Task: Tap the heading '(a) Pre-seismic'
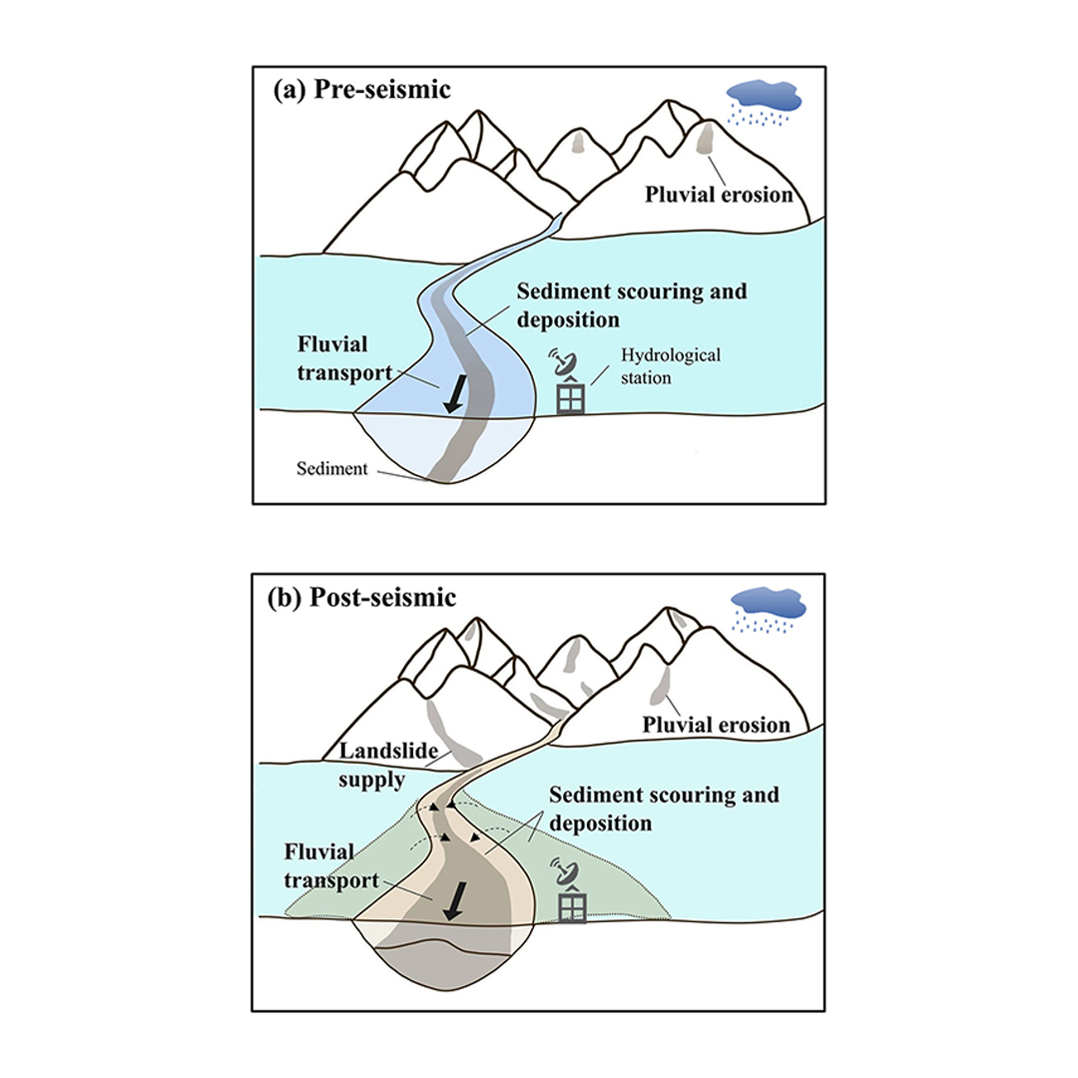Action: tap(361, 90)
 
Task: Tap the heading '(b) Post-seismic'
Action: tap(361, 598)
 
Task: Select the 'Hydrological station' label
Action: tap(671, 366)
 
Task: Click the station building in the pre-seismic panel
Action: tap(570, 396)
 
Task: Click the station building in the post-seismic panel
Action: tap(571, 904)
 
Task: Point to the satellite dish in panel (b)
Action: tap(568, 871)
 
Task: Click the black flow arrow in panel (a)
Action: tap(455, 394)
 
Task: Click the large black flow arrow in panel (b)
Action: tap(454, 900)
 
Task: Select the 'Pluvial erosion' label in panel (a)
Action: tap(719, 195)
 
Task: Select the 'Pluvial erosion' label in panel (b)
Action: tap(716, 725)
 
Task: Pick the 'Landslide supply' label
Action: tap(388, 765)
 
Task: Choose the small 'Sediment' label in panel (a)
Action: tap(332, 469)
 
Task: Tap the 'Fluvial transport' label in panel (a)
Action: tap(344, 358)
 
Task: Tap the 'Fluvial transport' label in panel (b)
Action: tap(331, 866)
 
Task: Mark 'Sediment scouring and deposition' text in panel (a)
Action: tap(632, 305)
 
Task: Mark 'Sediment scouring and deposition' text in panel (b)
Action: tap(664, 808)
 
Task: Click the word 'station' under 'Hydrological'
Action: tap(646, 378)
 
